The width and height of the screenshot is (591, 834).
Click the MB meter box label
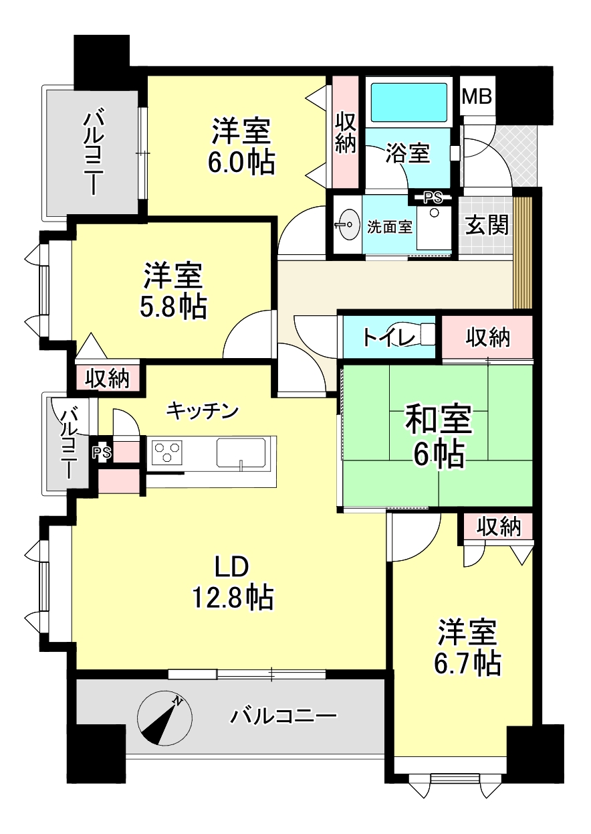[x=477, y=96]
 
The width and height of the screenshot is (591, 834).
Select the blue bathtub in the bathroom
[x=409, y=102]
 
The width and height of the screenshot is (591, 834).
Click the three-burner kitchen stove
[x=167, y=452]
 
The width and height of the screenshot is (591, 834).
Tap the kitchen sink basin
[x=241, y=452]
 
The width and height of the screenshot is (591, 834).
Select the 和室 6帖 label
[x=439, y=436]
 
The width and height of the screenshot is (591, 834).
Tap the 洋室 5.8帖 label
[x=173, y=290]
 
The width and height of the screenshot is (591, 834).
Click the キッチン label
[x=203, y=411]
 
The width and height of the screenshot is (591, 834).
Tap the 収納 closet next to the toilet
[x=487, y=338]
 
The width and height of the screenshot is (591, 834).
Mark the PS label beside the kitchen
[x=102, y=452]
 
